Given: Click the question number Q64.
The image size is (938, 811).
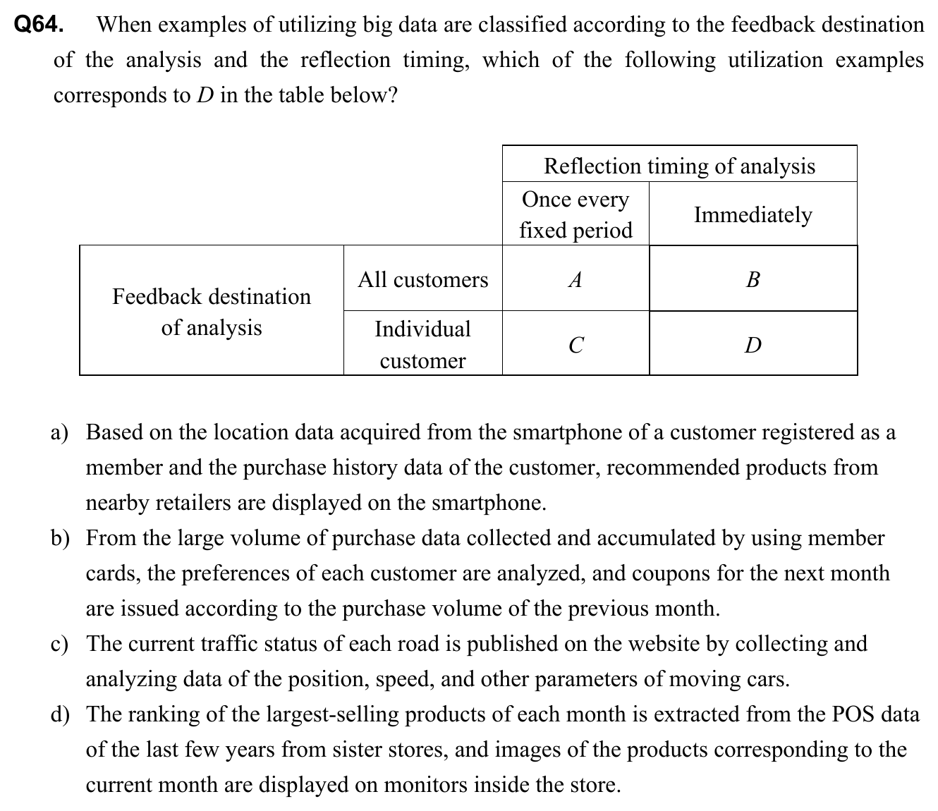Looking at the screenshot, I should (x=39, y=25).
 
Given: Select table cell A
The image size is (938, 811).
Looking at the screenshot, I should (x=575, y=280).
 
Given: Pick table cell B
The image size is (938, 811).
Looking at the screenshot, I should (x=753, y=280).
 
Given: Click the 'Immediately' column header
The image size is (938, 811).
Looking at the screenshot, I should (x=753, y=214).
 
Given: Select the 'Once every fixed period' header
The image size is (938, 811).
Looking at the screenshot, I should (x=575, y=214).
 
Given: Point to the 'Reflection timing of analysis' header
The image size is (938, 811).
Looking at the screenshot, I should (x=679, y=166).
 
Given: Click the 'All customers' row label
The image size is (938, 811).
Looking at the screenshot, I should (x=422, y=280).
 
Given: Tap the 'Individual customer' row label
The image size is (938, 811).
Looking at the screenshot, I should (x=422, y=344).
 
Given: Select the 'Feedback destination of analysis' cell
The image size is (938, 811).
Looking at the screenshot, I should (x=212, y=312).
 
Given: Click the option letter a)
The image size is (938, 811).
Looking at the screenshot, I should (x=60, y=432).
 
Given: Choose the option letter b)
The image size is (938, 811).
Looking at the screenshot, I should (x=60, y=538).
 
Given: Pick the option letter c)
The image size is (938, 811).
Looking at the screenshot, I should (x=60, y=644).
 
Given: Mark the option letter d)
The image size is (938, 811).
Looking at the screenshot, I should (x=60, y=714).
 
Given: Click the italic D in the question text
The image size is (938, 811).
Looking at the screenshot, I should (x=205, y=95).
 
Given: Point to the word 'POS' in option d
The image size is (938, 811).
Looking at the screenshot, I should (x=853, y=714).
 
